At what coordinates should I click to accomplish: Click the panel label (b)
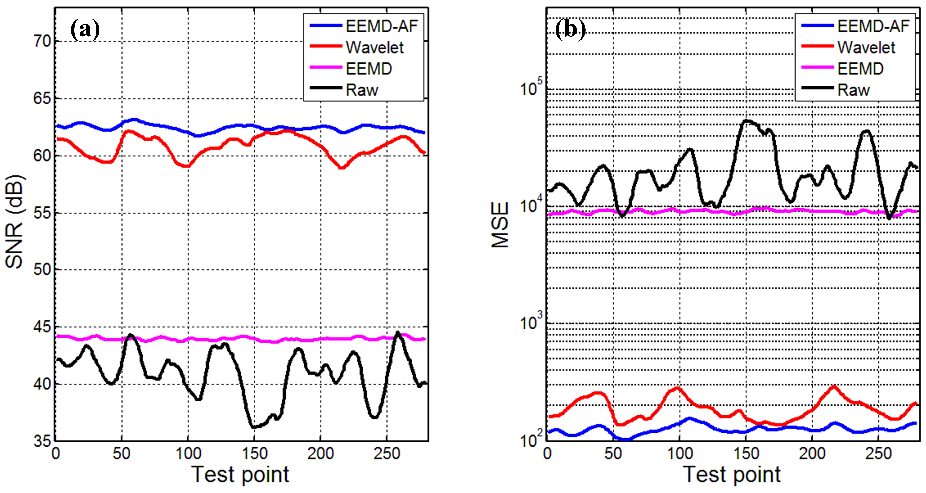click(x=570, y=30)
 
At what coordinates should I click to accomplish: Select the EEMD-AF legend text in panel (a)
click(x=382, y=26)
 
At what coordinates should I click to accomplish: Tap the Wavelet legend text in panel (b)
click(x=866, y=47)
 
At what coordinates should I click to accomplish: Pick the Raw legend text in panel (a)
click(x=362, y=90)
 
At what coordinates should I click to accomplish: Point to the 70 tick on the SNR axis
click(x=42, y=41)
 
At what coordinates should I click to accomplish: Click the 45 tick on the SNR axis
click(x=42, y=327)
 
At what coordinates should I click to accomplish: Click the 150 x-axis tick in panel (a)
click(x=254, y=454)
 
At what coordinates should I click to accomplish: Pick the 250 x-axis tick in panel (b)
click(x=878, y=454)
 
